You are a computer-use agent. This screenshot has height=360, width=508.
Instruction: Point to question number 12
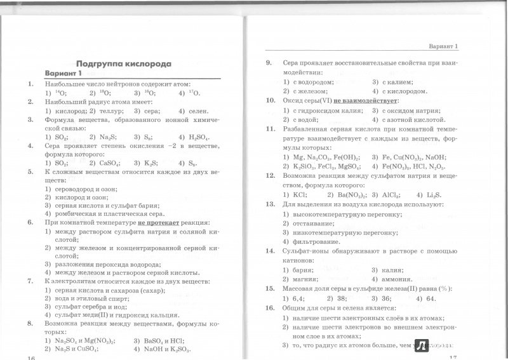pyautogui.click(x=269, y=183)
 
